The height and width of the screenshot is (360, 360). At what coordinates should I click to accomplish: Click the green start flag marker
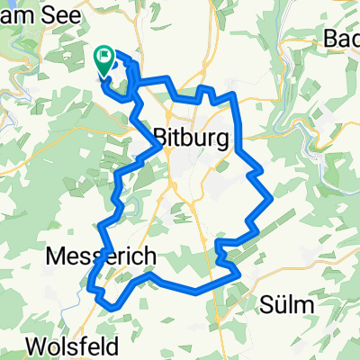104,59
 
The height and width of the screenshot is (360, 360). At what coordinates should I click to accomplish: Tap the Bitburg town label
191,138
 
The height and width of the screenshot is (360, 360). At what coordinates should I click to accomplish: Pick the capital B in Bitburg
162,138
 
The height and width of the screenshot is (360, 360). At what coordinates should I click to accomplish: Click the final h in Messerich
149,257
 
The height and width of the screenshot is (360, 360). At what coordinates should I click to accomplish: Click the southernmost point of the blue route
112,307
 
